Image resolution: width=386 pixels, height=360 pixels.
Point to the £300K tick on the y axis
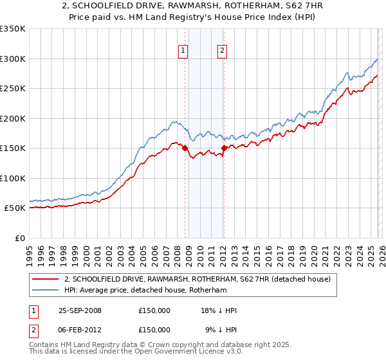coord(13,59)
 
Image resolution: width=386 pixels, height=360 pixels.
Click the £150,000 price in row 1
coord(154,310)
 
